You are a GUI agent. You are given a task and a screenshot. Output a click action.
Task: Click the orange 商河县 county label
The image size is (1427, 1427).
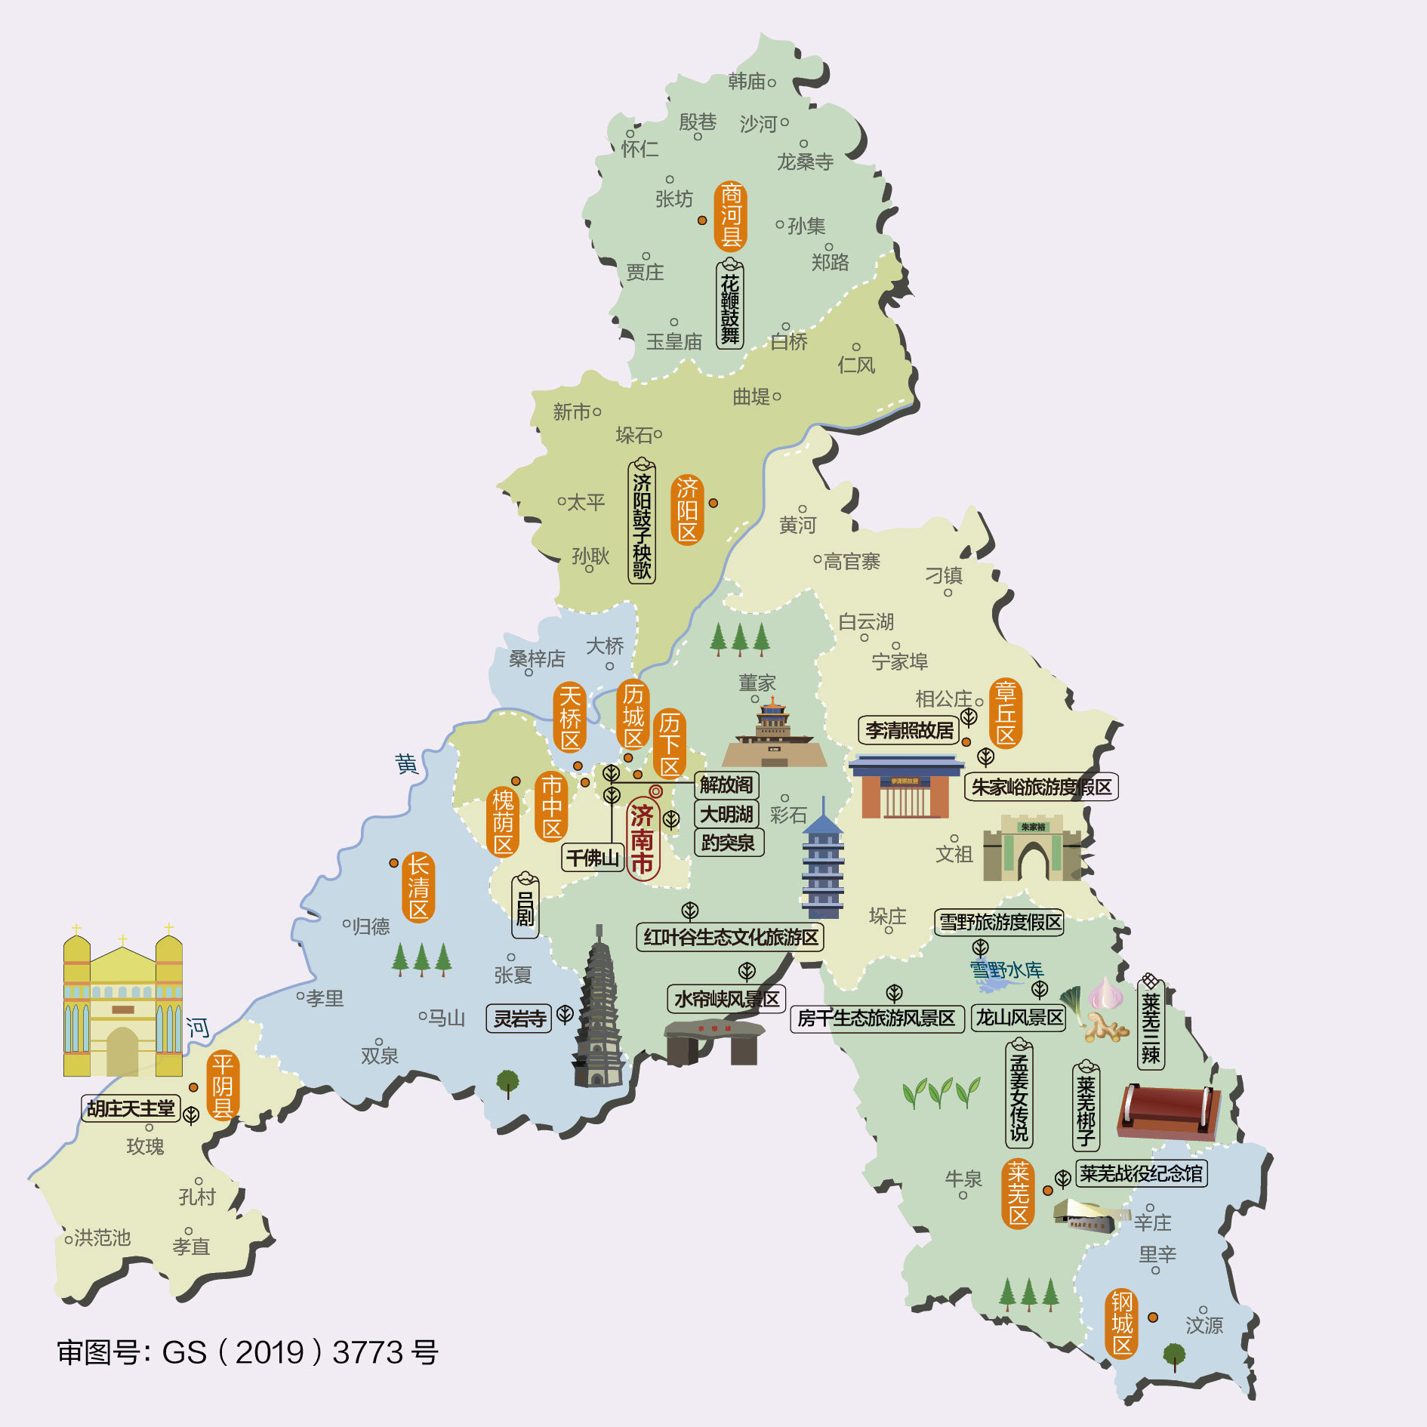(x=730, y=216)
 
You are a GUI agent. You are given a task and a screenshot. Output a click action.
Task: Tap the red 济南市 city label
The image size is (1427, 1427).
(x=643, y=839)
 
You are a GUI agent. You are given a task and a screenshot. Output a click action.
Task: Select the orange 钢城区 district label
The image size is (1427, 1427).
(x=1122, y=1324)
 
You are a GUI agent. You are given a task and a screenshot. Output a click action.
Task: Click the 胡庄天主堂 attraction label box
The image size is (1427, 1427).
(x=131, y=1108)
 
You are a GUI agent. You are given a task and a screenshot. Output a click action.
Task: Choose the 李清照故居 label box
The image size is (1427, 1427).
(x=909, y=730)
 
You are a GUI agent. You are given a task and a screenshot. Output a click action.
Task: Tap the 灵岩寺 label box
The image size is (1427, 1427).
(x=519, y=1019)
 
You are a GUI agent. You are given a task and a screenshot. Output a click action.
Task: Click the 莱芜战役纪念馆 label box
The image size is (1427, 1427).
(x=1141, y=1173)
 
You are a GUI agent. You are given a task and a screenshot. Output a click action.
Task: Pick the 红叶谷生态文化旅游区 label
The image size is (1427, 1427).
(x=730, y=937)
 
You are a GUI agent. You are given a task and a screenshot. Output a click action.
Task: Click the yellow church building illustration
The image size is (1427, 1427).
(x=122, y=1004)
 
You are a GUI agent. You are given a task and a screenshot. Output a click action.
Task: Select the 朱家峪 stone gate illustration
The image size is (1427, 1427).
(x=1032, y=849)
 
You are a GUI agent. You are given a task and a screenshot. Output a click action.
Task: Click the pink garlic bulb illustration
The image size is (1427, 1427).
(x=1105, y=994)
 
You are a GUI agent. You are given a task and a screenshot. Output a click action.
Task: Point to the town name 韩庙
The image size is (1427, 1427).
(x=747, y=82)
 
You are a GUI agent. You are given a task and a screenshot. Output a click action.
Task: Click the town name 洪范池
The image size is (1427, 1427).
(x=102, y=1237)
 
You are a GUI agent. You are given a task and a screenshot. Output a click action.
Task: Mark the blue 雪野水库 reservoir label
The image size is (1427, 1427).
(x=1006, y=969)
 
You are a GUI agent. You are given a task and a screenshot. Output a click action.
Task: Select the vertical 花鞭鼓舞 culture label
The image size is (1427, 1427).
(x=730, y=305)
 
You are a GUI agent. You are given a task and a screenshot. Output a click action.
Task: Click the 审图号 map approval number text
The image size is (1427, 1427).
(x=248, y=1352)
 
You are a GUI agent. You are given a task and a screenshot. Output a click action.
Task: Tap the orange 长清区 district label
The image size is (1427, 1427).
(x=418, y=887)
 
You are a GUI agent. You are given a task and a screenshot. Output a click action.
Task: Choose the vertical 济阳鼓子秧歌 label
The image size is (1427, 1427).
(x=642, y=523)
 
